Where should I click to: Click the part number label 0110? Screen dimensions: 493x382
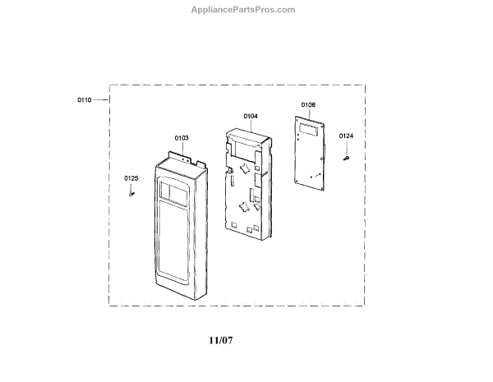tap(85, 99)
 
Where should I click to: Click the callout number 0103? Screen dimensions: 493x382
tap(182, 138)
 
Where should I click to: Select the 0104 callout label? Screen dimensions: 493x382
tap(251, 117)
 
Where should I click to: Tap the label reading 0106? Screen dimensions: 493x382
tap(308, 104)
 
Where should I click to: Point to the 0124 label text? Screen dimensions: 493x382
tap(346, 136)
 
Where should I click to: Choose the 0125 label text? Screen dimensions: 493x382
tap(131, 178)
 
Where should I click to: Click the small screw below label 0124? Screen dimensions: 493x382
tap(346, 155)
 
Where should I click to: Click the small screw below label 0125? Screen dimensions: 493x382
tap(131, 194)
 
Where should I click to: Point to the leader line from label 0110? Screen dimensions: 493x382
tap(102, 99)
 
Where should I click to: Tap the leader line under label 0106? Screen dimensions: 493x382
tap(308, 113)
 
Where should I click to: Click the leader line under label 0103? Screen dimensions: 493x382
tap(182, 148)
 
